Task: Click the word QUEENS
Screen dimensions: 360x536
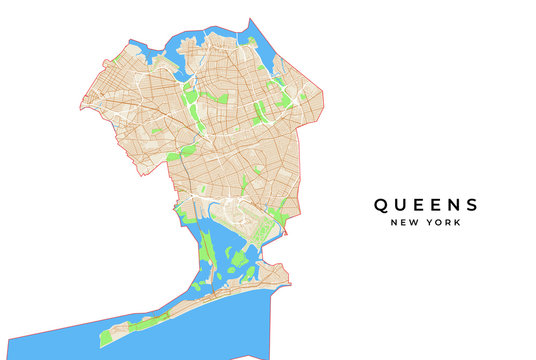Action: [426, 205]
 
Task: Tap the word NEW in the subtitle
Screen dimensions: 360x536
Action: [406, 223]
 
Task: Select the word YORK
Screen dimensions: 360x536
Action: [443, 223]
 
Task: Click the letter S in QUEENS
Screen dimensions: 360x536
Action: [471, 205]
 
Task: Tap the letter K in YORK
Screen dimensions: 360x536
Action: [458, 223]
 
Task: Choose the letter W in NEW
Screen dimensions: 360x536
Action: [416, 223]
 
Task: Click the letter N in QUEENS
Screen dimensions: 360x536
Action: [453, 205]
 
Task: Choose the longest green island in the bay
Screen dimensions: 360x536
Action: [208, 255]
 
